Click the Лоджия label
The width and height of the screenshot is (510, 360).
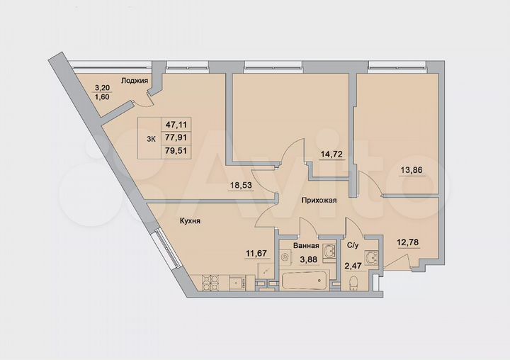[134, 81]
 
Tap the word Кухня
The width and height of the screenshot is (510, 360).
[188, 221]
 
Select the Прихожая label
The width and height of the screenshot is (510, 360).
[318, 201]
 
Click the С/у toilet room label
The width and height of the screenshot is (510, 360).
[353, 246]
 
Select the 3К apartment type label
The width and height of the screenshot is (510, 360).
[150, 139]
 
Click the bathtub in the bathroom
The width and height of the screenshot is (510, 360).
[304, 281]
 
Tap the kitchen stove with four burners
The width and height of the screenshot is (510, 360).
[208, 282]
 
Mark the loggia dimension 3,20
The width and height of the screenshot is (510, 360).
[102, 89]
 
